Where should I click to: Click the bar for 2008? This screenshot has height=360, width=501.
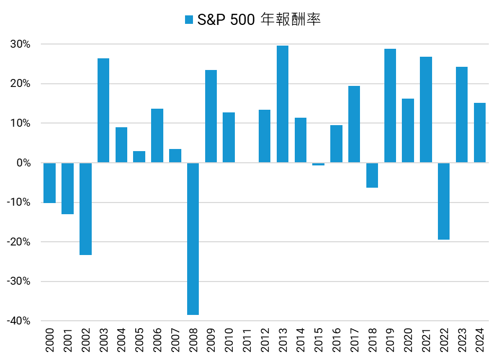click(193, 239)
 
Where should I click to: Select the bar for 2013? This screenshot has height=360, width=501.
click(283, 104)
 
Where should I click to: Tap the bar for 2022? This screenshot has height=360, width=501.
click(444, 201)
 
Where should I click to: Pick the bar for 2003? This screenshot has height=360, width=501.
click(103, 110)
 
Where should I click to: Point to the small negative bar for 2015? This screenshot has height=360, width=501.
click(318, 164)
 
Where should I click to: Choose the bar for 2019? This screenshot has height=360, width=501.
click(390, 106)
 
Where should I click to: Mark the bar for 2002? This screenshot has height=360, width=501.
click(85, 209)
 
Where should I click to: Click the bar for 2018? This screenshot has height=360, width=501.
click(372, 175)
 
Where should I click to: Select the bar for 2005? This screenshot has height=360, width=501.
click(139, 157)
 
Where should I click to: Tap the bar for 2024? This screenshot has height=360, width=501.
click(479, 133)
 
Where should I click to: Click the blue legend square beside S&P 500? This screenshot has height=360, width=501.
click(189, 20)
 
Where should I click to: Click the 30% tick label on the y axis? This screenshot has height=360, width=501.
click(20, 44)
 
